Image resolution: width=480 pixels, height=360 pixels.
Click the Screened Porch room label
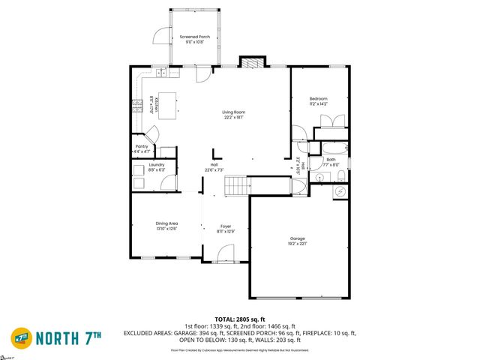click(x=194, y=39)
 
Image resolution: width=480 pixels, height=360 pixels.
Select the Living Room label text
click(x=233, y=115)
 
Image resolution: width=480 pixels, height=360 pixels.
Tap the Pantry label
click(x=142, y=148)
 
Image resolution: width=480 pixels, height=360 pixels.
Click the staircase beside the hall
click(x=235, y=184)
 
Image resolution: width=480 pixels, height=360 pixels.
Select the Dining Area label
click(x=166, y=225)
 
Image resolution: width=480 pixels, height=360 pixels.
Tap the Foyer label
click(x=225, y=228)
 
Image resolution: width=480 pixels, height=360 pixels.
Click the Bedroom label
click(x=319, y=100)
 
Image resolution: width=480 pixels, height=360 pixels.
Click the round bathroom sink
click(x=318, y=177)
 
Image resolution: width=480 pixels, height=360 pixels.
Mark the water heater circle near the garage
click(x=340, y=191)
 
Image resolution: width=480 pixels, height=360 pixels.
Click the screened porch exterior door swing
click(x=162, y=34)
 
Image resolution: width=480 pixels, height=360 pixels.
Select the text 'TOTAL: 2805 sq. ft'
click(x=241, y=319)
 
